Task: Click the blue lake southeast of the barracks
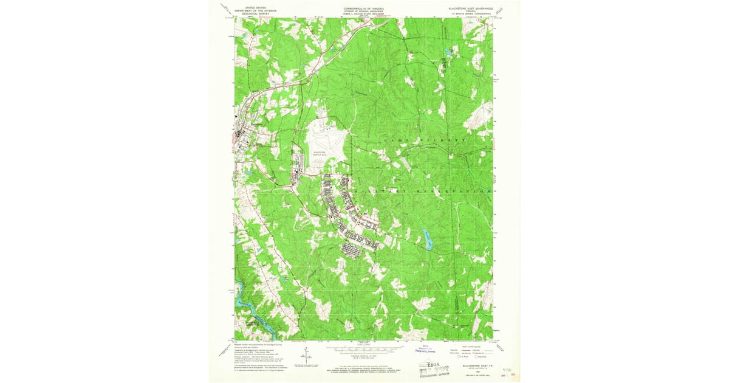[x=429, y=241]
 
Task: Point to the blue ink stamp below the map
[x=425, y=350]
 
